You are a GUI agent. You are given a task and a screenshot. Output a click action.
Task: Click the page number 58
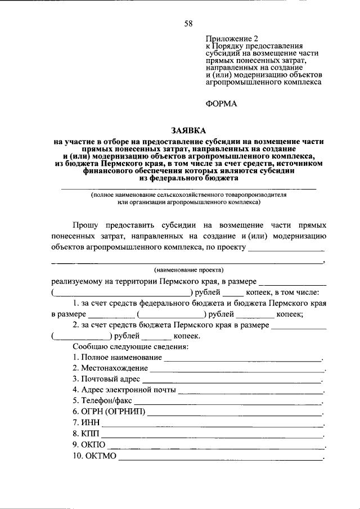pos(188,23)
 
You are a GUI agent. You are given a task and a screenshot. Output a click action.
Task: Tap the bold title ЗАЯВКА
pos(188,129)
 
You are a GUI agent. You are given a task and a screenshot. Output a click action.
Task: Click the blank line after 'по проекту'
pos(286,247)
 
